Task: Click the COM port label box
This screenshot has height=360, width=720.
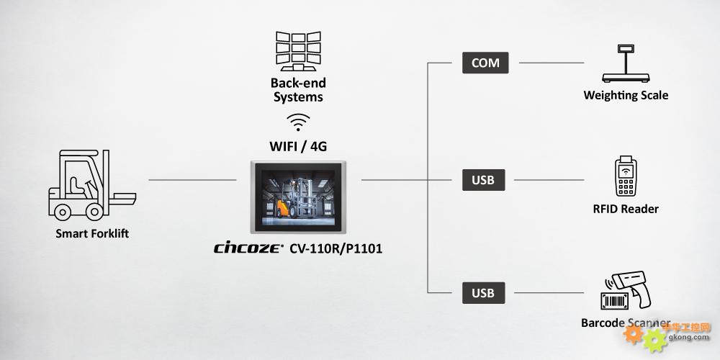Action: coord(485,63)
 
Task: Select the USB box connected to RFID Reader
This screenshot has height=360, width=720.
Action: coord(483,179)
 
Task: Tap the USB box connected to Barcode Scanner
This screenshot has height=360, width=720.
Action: coord(483,293)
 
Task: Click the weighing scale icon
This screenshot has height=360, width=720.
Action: coord(624,65)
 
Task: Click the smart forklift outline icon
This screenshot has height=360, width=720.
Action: coord(90,185)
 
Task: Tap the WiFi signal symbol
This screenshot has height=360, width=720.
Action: coord(298,121)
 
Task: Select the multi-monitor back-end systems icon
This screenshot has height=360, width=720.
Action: coord(298,51)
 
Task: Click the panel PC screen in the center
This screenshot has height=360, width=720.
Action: coord(298,197)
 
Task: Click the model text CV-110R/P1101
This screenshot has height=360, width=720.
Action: coord(336,249)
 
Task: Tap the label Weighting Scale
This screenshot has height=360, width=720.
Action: coord(626,95)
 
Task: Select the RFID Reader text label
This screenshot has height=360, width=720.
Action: coord(626,209)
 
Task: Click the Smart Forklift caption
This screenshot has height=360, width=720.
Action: coord(92,233)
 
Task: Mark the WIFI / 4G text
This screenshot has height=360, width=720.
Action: coord(298,146)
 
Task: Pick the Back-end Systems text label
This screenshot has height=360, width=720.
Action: coord(298,90)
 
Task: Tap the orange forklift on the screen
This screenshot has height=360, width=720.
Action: coord(283,208)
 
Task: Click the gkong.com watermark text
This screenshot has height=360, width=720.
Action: coord(690,336)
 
